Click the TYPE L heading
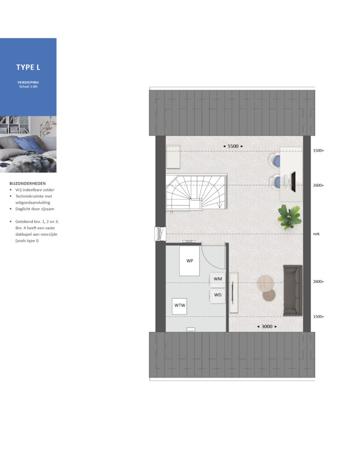[28, 67]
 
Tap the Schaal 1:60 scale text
[28, 87]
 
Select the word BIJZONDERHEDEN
[28, 183]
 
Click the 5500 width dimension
[233, 146]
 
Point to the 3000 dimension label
[267, 327]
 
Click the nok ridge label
[316, 234]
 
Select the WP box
[189, 261]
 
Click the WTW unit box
[180, 306]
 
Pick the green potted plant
[289, 217]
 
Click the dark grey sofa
[293, 290]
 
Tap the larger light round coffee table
[265, 283]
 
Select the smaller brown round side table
[269, 295]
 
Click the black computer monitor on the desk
[293, 181]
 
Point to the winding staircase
[196, 192]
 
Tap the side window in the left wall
[160, 234]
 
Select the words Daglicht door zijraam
[35, 209]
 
